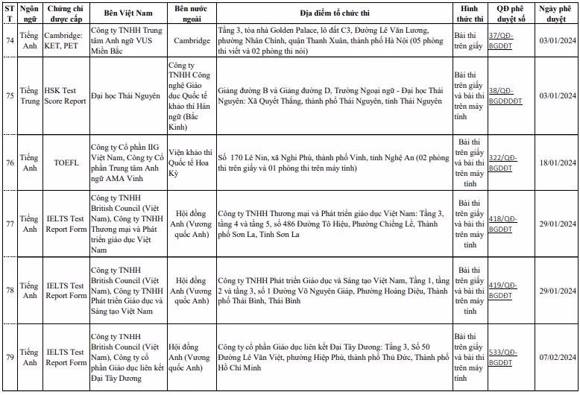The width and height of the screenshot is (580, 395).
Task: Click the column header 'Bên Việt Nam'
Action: pyautogui.click(x=127, y=13)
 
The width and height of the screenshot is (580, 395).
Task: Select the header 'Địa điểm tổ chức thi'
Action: pyautogui.click(x=334, y=13)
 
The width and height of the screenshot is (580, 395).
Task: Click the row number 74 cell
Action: pyautogui.click(x=9, y=39)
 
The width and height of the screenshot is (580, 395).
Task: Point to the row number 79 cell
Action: pyautogui.click(x=9, y=357)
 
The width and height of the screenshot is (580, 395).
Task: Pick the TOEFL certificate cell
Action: pyautogui.click(x=66, y=162)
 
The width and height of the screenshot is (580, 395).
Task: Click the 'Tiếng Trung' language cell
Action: pyautogui.click(x=29, y=95)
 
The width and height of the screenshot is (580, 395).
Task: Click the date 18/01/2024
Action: pyautogui.click(x=558, y=162)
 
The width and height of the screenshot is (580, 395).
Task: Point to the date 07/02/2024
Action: pyautogui.click(x=558, y=357)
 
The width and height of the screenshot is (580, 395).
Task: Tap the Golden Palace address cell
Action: pyautogui.click(x=334, y=39)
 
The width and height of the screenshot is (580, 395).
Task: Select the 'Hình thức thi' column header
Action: pyautogui.click(x=470, y=13)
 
